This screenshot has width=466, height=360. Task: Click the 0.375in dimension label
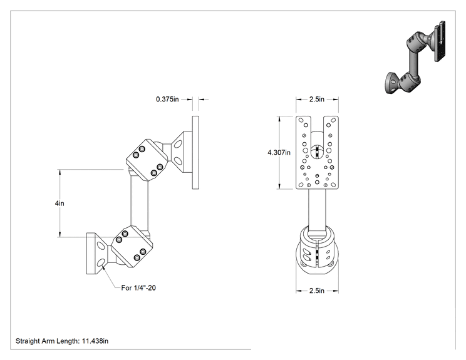pyautogui.click(x=167, y=99)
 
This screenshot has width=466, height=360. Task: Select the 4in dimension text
pyautogui.click(x=60, y=203)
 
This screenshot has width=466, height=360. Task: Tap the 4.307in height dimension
pyautogui.click(x=279, y=153)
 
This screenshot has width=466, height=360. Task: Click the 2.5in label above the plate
pyautogui.click(x=317, y=99)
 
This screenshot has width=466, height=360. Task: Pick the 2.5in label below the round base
pyautogui.click(x=317, y=291)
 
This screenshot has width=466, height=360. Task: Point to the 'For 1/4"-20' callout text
pyautogui.click(x=138, y=288)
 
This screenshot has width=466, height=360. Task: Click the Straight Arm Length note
pyautogui.click(x=62, y=341)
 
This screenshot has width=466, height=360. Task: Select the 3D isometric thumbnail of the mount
pyautogui.click(x=415, y=58)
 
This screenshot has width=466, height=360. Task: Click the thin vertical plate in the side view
pyautogui.click(x=195, y=152)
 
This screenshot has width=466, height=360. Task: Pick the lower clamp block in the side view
pyautogui.click(x=132, y=246)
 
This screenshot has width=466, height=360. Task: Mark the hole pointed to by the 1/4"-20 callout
pyautogui.click(x=101, y=263)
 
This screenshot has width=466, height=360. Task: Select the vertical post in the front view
pyautogui.click(x=317, y=210)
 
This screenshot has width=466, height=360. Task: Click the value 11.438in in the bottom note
pyautogui.click(x=95, y=341)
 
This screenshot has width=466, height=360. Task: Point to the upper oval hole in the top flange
pyautogui.click(x=178, y=145)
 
